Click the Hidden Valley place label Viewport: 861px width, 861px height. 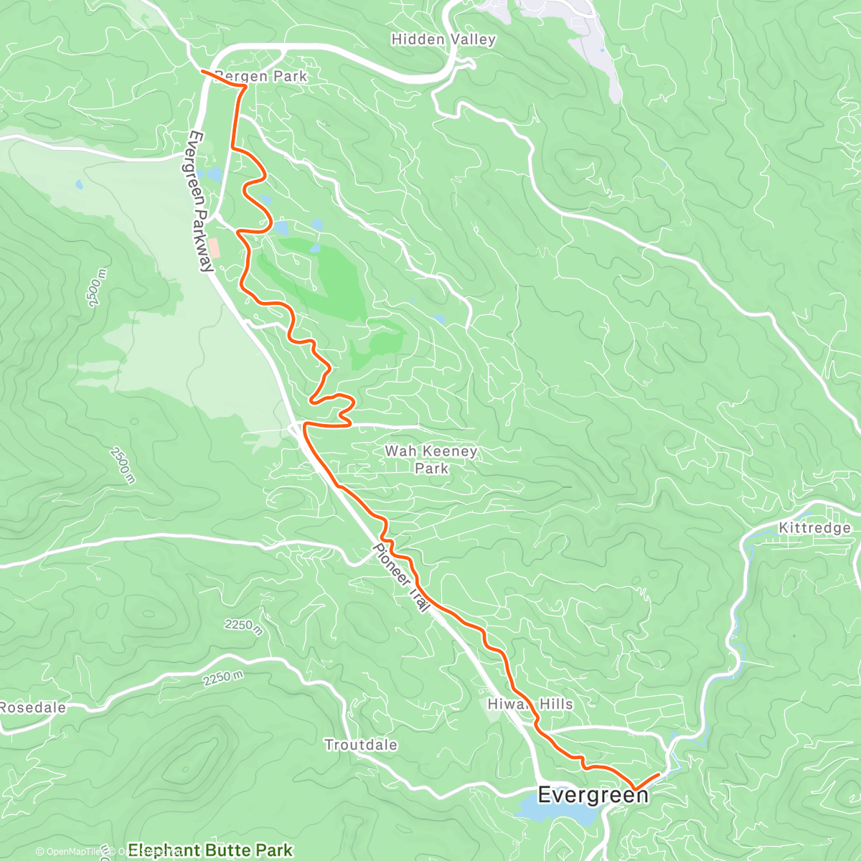click(x=443, y=39)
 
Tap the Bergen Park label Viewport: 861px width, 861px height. click(x=261, y=76)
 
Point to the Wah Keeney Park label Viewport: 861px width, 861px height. click(x=430, y=459)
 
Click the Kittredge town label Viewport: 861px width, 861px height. click(x=814, y=528)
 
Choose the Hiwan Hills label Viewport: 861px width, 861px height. click(x=530, y=704)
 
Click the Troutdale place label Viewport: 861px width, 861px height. click(x=360, y=745)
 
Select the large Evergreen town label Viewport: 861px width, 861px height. click(x=593, y=795)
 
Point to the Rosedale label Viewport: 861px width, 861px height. click(x=33, y=707)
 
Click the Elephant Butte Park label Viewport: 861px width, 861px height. click(x=210, y=850)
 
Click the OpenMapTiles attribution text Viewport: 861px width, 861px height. click(x=69, y=852)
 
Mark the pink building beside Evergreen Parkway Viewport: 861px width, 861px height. click(x=215, y=248)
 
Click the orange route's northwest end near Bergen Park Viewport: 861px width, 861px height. click(x=202, y=72)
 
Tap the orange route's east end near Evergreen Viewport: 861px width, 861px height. click(x=659, y=773)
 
